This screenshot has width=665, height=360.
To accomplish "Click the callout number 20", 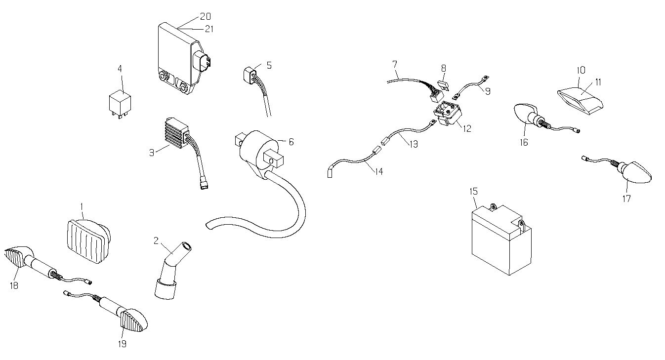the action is tap(205, 16).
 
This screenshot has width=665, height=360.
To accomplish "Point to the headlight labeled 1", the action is tap(87, 241).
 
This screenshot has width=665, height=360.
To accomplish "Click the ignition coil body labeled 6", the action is tap(258, 155).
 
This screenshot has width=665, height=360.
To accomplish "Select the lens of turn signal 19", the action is tap(133, 320).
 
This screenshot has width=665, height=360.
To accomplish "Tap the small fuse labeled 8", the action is tap(444, 84).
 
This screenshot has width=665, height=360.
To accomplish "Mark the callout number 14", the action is tap(379, 171).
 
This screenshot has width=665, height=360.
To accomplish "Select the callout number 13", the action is tap(414, 144).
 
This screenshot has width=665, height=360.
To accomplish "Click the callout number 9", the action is tap(488, 91).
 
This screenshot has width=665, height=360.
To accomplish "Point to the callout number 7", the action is tap(394, 64).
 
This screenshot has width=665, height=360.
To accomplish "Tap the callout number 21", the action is tap(209, 29).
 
